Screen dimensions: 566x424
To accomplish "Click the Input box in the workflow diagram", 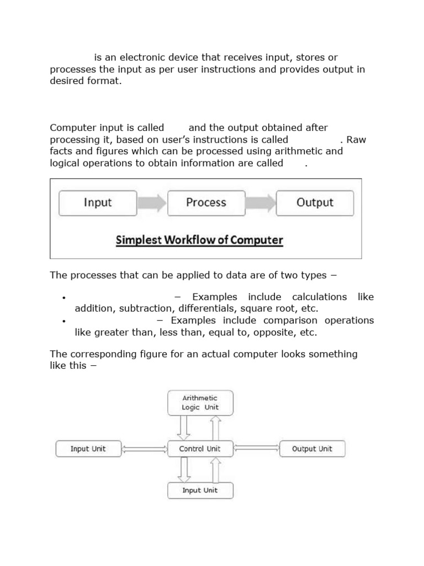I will pyautogui.click(x=98, y=203).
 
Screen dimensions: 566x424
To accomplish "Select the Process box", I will pyautogui.click(x=206, y=203).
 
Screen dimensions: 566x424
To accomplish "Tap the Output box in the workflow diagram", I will pyautogui.click(x=315, y=203).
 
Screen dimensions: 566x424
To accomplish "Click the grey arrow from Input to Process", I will pyautogui.click(x=152, y=203).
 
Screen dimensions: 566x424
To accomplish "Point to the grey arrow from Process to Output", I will pyautogui.click(x=260, y=203).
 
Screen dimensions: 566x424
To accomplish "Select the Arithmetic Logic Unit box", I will pyautogui.click(x=200, y=402).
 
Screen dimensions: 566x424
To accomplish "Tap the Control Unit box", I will pyautogui.click(x=200, y=449).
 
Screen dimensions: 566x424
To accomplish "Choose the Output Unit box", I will pyautogui.click(x=312, y=449).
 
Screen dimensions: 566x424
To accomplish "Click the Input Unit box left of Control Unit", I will pyautogui.click(x=88, y=449).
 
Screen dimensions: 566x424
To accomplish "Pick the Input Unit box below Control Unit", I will pyautogui.click(x=200, y=490).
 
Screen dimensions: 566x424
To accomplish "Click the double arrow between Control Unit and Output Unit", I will pyautogui.click(x=256, y=449).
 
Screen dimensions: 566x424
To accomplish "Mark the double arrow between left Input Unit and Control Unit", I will pyautogui.click(x=144, y=449).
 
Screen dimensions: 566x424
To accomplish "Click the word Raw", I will pyautogui.click(x=357, y=140).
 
